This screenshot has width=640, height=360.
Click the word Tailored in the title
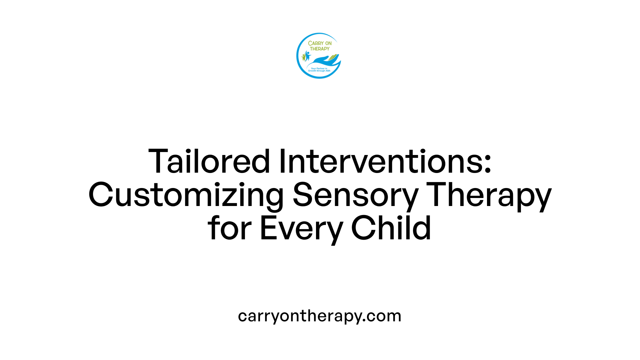tap(209, 162)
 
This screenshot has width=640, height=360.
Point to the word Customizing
tap(186, 195)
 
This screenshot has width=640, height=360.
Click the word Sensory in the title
tap(355, 195)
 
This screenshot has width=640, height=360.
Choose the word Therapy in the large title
tap(489, 195)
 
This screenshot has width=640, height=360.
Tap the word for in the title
tap(229, 229)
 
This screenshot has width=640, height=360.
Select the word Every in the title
tap(301, 229)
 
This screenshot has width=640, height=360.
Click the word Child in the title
tap(391, 229)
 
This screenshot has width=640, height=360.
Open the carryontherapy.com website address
tap(320, 316)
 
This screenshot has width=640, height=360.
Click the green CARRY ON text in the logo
tap(320, 43)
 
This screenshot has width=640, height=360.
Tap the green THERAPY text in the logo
tap(320, 49)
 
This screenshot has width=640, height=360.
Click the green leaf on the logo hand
tap(333, 57)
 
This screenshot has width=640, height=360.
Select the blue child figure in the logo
tap(307, 56)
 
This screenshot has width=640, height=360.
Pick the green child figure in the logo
tap(304, 57)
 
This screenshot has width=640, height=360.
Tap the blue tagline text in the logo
tap(319, 70)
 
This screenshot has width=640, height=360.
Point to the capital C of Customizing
tap(101, 195)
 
